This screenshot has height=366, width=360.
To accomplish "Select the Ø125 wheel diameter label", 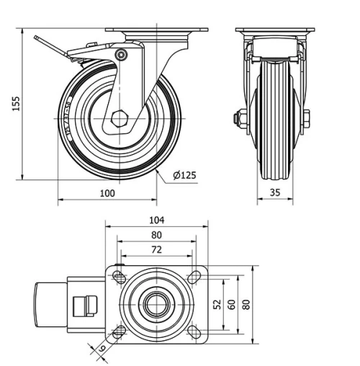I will click(185, 175).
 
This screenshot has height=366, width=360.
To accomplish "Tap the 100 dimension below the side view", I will click(107, 192).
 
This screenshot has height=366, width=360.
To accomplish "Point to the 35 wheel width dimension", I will click(276, 192).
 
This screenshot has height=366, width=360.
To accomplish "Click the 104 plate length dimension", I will click(157, 220).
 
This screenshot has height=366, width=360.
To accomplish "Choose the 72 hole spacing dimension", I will click(157, 249).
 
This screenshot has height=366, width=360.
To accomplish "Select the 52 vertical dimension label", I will click(217, 305).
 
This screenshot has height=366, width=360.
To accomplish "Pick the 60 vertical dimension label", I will click(231, 305).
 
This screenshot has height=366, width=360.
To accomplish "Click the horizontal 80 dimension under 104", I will click(157, 235).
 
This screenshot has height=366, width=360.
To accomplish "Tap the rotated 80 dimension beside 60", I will click(246, 305).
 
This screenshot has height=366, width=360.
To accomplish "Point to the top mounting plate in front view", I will click(276, 30).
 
